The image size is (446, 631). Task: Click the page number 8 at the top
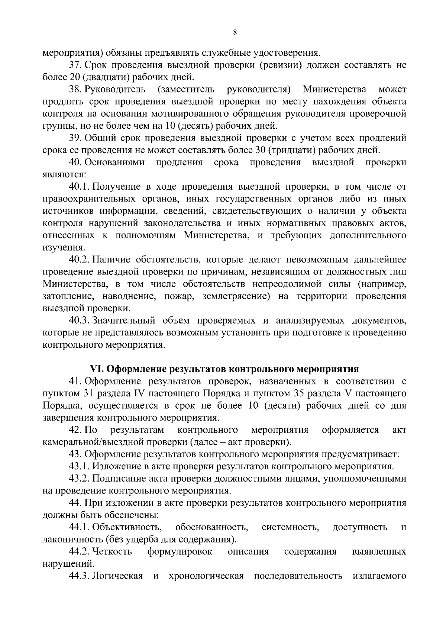pos(235,32)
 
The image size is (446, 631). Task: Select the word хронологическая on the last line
pos(206,576)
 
